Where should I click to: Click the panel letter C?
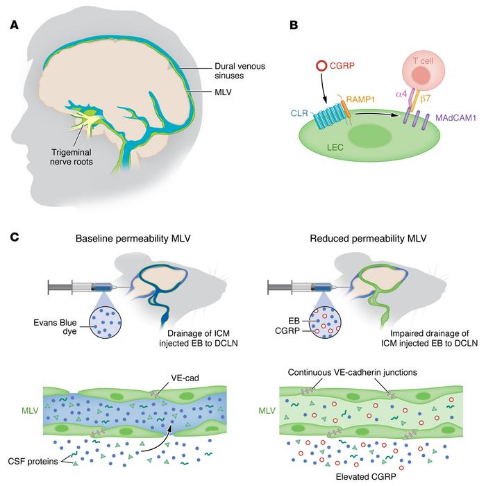coord(14,237)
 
